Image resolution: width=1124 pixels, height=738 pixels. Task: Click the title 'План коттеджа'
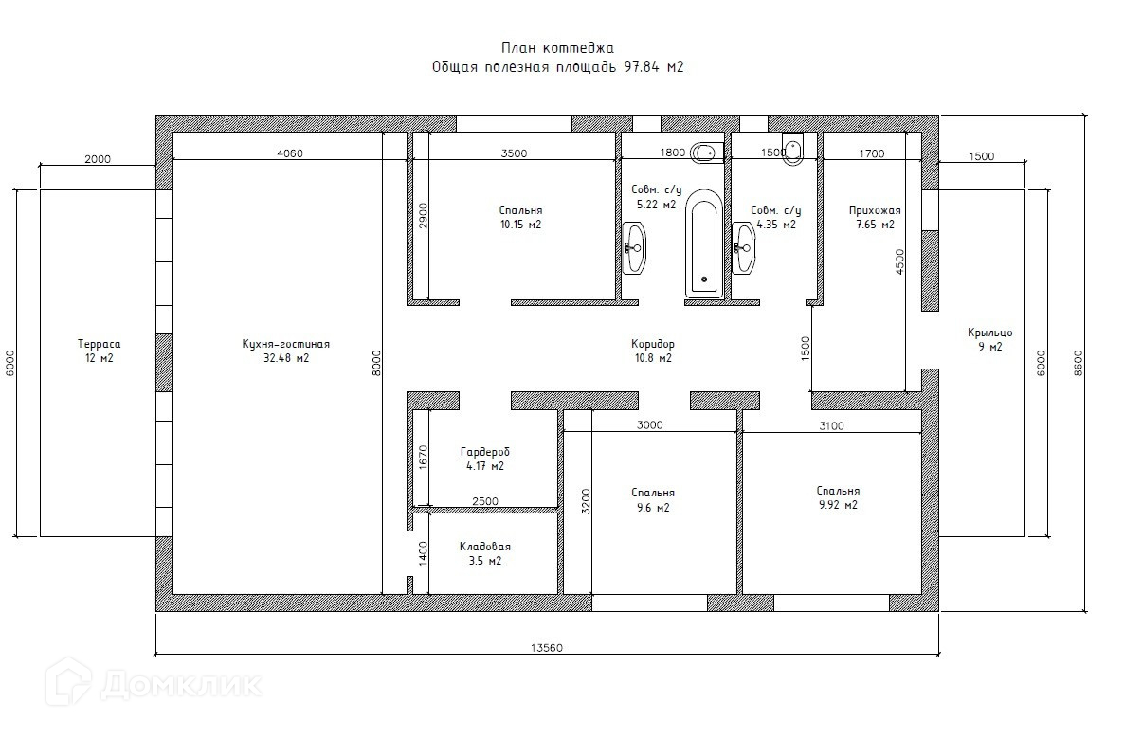click(x=557, y=48)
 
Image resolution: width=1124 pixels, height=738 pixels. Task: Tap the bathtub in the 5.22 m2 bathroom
click(x=704, y=243)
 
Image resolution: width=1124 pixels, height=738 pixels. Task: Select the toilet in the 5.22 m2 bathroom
click(x=707, y=152)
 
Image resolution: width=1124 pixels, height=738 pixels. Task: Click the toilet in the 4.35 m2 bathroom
click(x=793, y=149)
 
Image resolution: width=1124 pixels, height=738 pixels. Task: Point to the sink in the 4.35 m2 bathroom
click(x=743, y=248)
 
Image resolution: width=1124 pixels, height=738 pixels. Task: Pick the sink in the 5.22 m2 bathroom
click(x=634, y=248)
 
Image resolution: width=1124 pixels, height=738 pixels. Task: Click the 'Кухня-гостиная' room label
click(x=286, y=344)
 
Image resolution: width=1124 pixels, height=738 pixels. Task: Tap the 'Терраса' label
click(x=99, y=344)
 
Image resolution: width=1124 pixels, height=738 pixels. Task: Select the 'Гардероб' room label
click(x=485, y=452)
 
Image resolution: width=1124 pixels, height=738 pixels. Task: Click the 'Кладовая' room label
click(x=485, y=547)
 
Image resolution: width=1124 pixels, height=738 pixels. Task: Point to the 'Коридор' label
click(x=653, y=344)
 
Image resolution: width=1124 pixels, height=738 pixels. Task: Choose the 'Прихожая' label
click(x=875, y=210)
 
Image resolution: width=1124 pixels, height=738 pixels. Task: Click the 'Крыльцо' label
click(x=990, y=333)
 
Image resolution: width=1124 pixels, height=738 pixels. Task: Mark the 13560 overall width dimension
click(x=547, y=648)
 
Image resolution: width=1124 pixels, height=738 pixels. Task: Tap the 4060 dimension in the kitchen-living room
click(x=290, y=153)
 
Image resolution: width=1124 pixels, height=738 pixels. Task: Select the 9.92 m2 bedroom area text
click(x=838, y=504)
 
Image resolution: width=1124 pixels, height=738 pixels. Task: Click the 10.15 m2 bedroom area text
click(x=520, y=225)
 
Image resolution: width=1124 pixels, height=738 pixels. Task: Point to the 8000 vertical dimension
click(x=377, y=363)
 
